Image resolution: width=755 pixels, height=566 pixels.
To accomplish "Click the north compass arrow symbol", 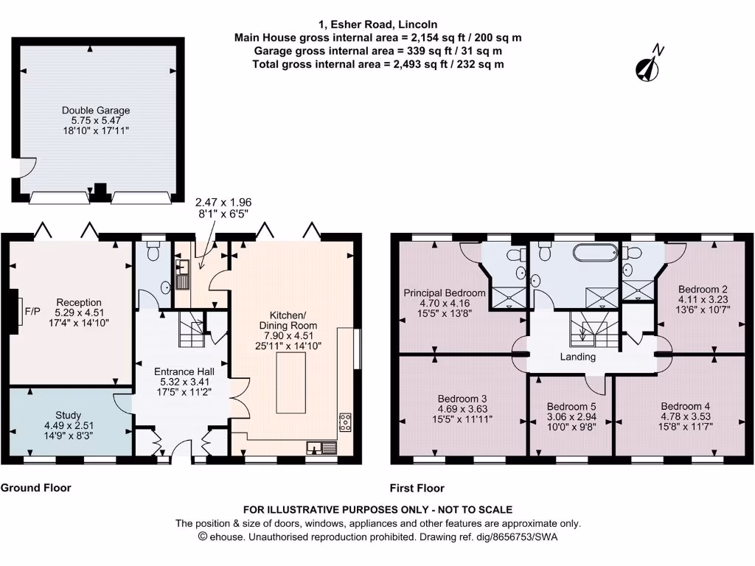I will tap(648, 66).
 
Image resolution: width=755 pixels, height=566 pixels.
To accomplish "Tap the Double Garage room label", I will tap(96, 111).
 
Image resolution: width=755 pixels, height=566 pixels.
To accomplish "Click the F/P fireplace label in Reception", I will tap(33, 311).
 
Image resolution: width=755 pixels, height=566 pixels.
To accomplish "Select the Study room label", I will tap(69, 415).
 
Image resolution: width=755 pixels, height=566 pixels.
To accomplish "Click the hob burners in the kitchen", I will tap(344, 422).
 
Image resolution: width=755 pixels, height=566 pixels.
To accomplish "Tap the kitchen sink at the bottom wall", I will tap(323, 446).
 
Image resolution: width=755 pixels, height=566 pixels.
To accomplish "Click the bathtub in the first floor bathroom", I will tap(595, 254).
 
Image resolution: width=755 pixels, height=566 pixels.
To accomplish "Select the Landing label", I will tap(577, 357).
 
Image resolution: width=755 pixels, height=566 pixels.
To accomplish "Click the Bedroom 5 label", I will tap(571, 406).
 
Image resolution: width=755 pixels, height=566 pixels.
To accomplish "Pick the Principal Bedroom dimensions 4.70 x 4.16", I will tap(445, 303).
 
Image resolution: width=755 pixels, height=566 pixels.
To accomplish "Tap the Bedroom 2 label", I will tap(703, 289).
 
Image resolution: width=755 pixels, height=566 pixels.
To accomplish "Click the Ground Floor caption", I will tap(35, 488).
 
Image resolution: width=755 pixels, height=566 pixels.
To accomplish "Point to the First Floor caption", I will tap(417, 488).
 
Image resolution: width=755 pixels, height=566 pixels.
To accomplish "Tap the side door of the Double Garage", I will tap(24, 167).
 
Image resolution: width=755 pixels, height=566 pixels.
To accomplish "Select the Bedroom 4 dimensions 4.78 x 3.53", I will tap(686, 416).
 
